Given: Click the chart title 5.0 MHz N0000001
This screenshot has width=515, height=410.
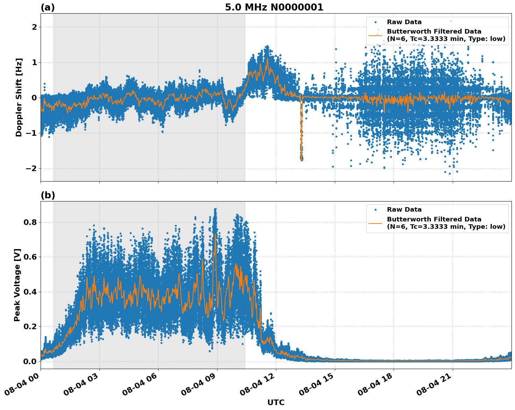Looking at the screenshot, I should pos(274,7).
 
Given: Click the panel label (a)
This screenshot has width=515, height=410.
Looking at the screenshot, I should pos(48,7).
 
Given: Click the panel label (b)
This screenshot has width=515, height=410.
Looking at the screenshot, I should pos(48,195).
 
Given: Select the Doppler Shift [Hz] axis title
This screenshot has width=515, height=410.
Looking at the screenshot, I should pos(19,97).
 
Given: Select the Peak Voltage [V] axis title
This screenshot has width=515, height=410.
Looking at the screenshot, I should pos(17,285).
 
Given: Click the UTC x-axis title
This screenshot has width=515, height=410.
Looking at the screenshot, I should pos(276,402).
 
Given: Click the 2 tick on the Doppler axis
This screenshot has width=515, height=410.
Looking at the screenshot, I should pos(34,27).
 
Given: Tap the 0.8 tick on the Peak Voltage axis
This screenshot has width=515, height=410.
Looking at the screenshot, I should pos(30,222).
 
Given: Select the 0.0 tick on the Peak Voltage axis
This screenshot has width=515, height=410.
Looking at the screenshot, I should pos(30,361).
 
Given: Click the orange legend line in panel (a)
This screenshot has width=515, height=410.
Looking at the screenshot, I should pos(375,35).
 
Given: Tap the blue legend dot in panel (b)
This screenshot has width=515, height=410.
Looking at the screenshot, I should pos(375,210).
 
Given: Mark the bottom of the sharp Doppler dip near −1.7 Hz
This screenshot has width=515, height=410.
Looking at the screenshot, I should pos(301,158).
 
